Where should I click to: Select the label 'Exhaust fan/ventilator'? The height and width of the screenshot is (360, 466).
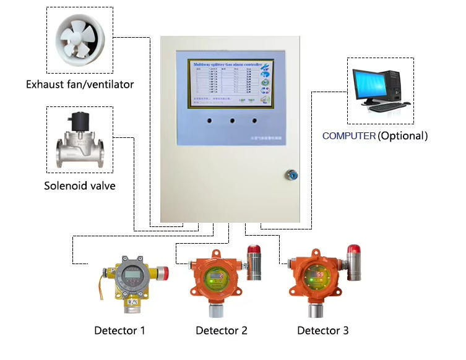pos(80,84)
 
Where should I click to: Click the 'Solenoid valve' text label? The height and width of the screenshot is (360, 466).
pos(80,185)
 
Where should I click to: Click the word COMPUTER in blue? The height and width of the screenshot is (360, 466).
pos(348,135)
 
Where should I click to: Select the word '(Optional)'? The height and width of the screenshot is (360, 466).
pos(403,135)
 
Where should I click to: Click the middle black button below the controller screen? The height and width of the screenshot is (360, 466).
pos(233,121)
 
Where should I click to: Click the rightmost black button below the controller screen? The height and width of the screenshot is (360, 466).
pos(254,121)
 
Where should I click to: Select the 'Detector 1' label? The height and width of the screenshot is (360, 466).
pos(119,330)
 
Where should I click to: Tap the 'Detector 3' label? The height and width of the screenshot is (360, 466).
pos(323,330)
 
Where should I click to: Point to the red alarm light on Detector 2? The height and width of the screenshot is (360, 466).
pos(254,251)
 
